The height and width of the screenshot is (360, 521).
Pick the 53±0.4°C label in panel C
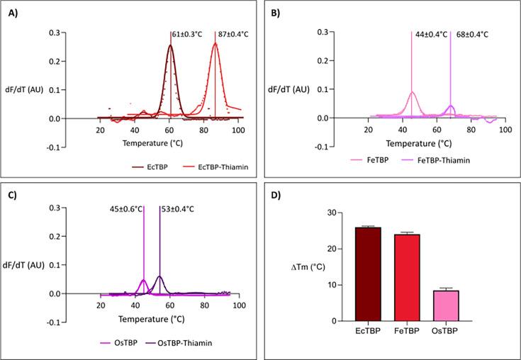point(178,209)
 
